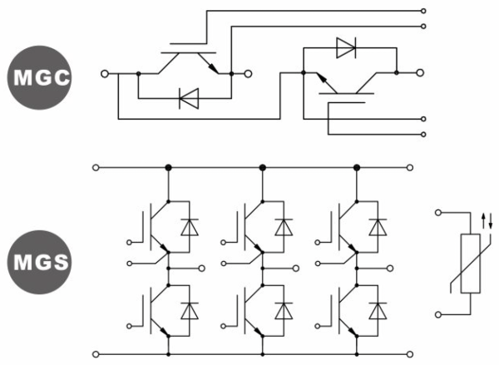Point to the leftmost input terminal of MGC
(105, 74)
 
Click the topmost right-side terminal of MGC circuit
(425, 12)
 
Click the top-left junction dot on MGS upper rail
(169, 167)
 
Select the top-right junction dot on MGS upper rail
(358, 167)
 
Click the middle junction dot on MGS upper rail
(263, 167)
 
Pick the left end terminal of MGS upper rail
(96, 167)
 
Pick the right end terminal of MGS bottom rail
(413, 354)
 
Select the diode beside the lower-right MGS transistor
(379, 309)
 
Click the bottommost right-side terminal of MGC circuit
(425, 133)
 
